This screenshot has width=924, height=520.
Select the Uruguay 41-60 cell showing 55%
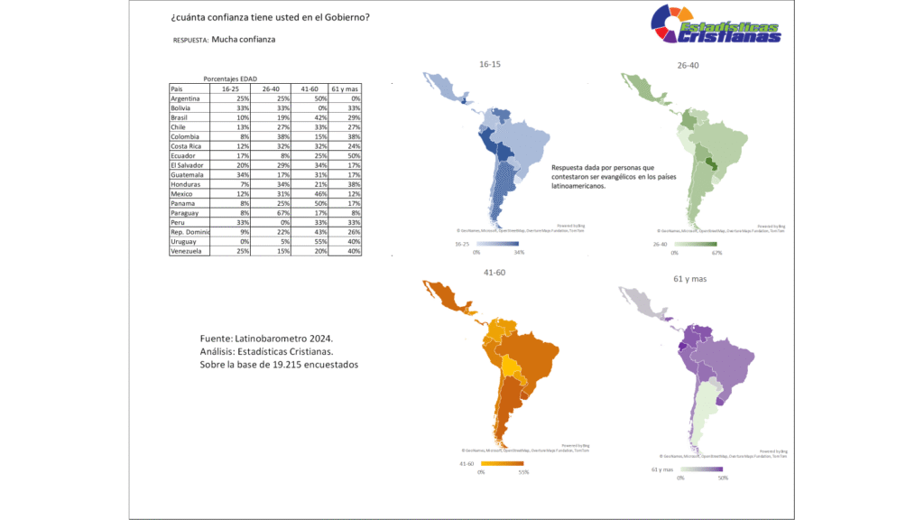[x=310, y=241]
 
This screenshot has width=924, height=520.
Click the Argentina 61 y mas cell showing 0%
[x=345, y=98]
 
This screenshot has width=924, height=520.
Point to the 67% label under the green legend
[x=716, y=254]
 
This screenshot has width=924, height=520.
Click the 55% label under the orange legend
[x=522, y=471]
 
